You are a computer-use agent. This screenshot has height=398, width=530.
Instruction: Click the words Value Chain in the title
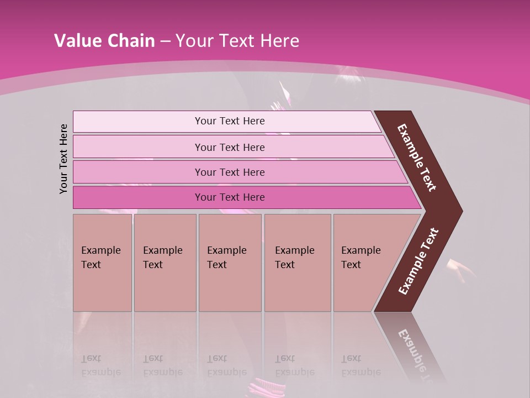tap(104, 41)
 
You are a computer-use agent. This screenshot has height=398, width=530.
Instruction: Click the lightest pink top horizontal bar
tap(138, 122)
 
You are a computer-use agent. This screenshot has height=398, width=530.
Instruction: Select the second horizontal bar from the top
tap(138, 147)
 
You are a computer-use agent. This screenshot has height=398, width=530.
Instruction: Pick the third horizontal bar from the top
tap(138, 172)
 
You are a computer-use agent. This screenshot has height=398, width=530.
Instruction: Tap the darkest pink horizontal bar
tap(138, 197)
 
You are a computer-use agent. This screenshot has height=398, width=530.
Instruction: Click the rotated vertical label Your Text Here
tap(63, 159)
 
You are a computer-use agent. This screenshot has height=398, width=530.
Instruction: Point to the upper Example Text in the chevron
tap(417, 158)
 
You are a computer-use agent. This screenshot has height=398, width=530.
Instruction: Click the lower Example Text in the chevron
tap(418, 261)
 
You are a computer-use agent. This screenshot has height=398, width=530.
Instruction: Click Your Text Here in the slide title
tap(237, 41)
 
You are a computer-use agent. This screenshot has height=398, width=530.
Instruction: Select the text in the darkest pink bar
tap(230, 197)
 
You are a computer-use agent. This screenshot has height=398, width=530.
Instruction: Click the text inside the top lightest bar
tap(230, 121)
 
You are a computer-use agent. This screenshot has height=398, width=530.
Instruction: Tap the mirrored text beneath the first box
tap(100, 365)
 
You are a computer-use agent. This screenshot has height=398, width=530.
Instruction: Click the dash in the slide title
tap(165, 41)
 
